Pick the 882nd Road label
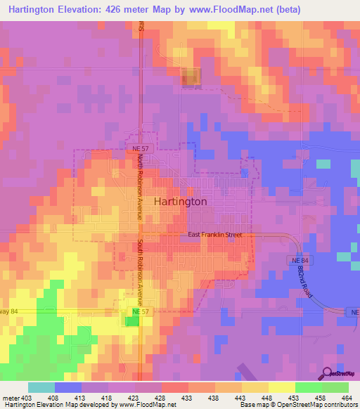point(304,281)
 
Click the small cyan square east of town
point(323,164)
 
